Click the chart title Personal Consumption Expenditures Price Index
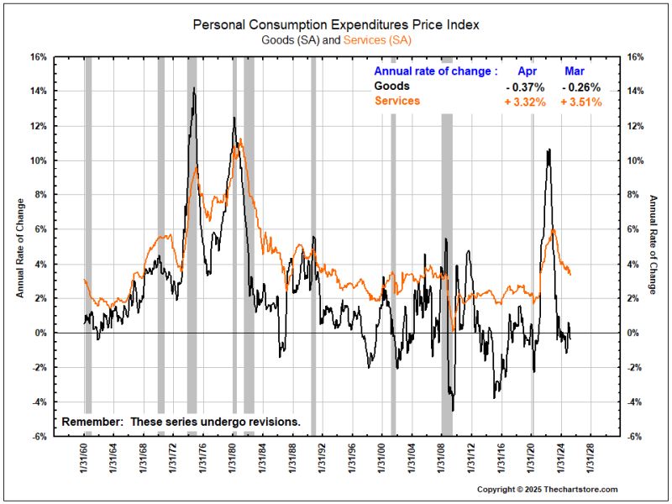(x=335, y=25)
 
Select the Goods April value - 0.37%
(x=525, y=87)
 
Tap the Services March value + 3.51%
(x=580, y=102)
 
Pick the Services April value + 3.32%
(x=525, y=102)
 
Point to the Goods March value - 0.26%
(x=580, y=87)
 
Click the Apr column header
(x=526, y=71)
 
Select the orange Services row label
(x=396, y=101)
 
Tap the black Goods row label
(x=392, y=86)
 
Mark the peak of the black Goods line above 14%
(x=194, y=87)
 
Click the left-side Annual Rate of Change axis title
(x=18, y=247)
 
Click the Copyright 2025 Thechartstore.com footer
(x=547, y=489)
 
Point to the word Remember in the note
(x=91, y=421)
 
